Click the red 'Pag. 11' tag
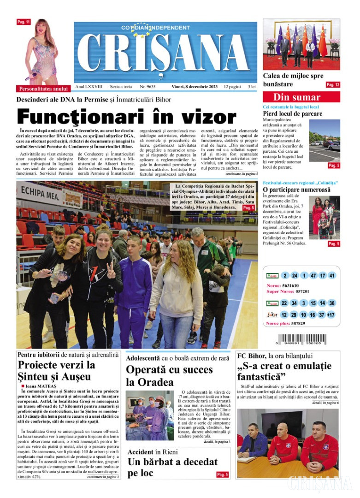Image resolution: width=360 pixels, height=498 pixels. coord(24,22)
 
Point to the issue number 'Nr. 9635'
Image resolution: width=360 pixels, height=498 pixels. coord(148,86)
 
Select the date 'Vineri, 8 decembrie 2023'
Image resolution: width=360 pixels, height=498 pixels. coord(193,86)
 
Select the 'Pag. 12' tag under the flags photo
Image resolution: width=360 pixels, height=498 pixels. coord(333,85)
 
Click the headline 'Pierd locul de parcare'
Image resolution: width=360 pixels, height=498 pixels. coord(292,113)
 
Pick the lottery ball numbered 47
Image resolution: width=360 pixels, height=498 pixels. coord(313,276)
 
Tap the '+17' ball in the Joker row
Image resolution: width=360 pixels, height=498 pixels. coord(330,315)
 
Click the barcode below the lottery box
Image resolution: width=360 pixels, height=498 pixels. coord(301,341)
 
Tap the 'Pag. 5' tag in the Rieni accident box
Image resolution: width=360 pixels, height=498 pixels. coord(222,474)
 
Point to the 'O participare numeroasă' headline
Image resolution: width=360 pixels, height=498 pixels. coord(296,190)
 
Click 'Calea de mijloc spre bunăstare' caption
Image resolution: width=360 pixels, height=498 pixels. coord(293,80)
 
